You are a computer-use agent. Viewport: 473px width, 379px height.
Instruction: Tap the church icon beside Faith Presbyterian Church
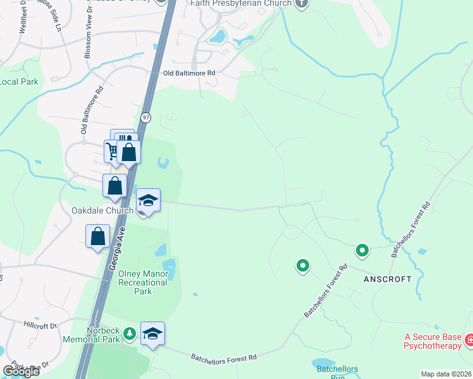[x=301, y=3]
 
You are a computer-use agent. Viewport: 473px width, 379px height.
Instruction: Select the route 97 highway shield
[x=146, y=117]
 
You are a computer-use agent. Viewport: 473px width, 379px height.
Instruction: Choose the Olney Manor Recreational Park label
[x=144, y=282]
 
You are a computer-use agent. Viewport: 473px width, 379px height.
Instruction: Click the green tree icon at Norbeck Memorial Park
[x=130, y=334]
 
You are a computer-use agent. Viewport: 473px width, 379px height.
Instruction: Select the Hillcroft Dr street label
[x=40, y=326]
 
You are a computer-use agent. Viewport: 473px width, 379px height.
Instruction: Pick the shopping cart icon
[x=112, y=150]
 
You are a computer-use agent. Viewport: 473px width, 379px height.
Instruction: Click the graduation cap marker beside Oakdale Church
[x=149, y=201]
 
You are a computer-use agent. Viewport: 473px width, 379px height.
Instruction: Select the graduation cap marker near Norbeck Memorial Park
[x=152, y=334]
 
